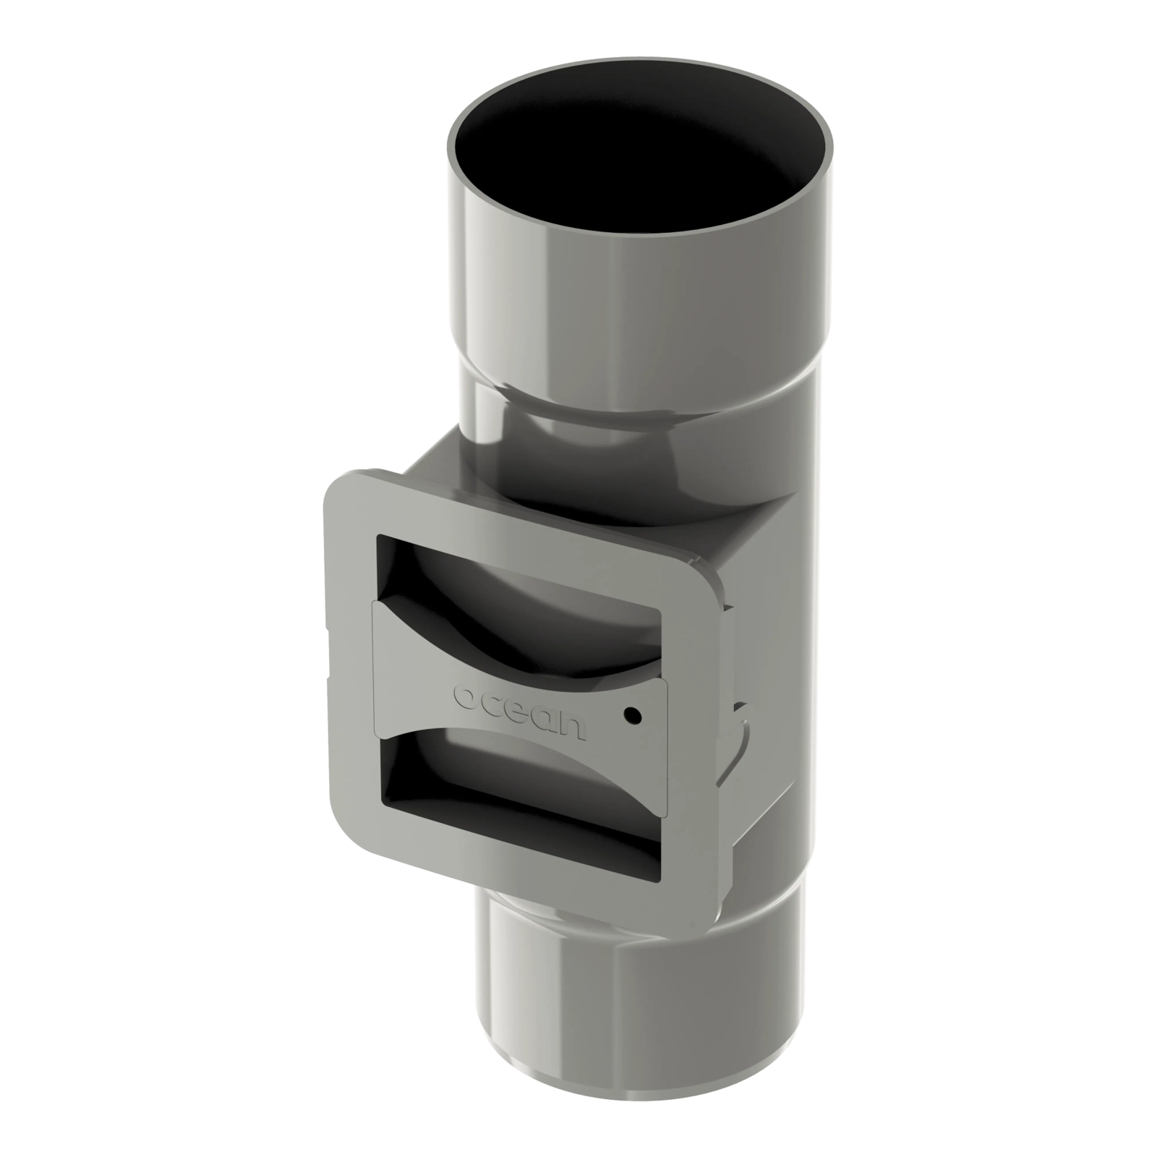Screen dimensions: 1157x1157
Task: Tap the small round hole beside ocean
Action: click(x=633, y=715)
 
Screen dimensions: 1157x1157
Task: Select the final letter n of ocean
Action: click(x=572, y=729)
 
